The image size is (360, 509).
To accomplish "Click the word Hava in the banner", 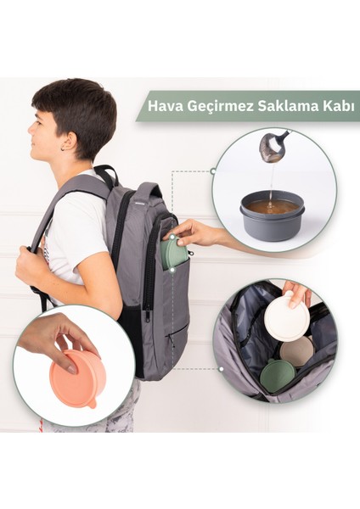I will (164, 108).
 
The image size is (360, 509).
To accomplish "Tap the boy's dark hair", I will (76, 106).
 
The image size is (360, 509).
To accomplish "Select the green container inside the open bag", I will (278, 373).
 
